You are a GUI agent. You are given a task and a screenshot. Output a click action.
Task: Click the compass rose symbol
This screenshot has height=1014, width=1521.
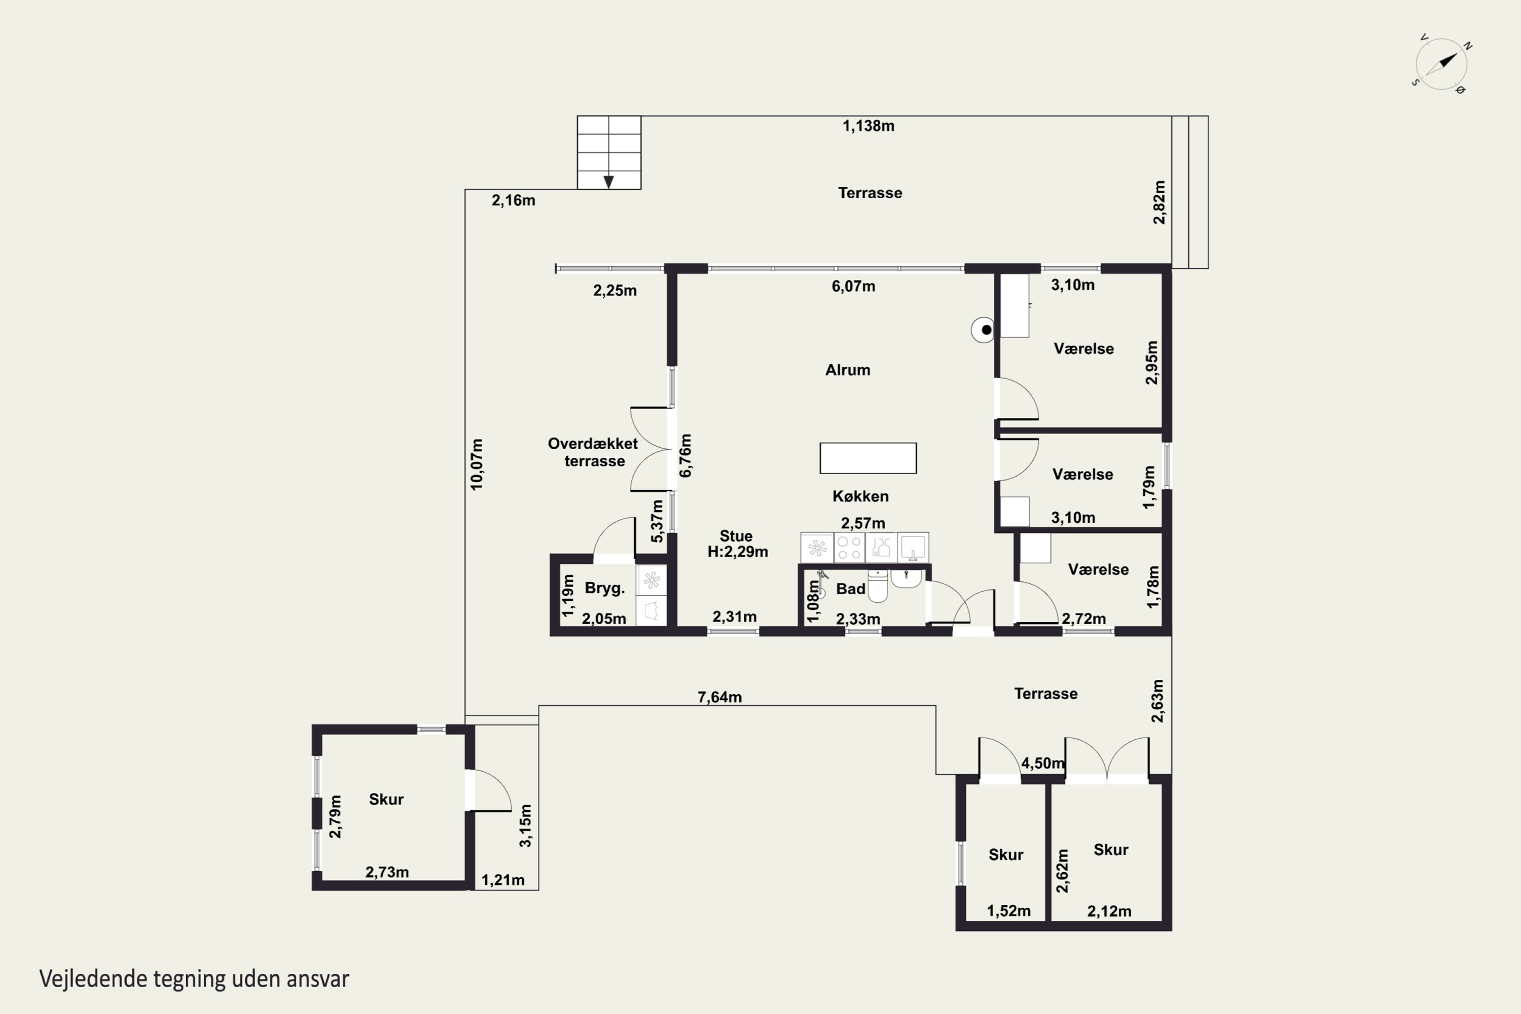(1441, 64)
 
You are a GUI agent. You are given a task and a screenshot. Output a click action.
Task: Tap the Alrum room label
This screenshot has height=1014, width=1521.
(848, 370)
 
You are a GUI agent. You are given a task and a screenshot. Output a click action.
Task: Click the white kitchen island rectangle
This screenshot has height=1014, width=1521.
(868, 458)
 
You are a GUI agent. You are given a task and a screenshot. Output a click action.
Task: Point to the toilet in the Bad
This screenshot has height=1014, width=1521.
(878, 586)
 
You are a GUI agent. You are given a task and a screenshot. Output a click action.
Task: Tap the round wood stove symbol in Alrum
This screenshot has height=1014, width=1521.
(983, 330)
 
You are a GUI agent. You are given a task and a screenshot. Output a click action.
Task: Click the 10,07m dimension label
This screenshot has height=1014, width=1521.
(477, 464)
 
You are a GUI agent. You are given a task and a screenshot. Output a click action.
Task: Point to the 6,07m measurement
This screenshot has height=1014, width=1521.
(854, 286)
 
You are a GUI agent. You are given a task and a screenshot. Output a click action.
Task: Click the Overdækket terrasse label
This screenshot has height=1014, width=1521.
(593, 452)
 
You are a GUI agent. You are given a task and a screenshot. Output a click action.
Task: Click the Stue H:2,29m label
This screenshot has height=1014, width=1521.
(737, 544)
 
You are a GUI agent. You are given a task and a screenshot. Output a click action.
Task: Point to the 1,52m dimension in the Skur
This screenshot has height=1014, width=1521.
(1009, 911)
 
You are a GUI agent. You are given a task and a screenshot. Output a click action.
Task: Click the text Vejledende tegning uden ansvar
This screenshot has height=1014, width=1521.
(194, 979)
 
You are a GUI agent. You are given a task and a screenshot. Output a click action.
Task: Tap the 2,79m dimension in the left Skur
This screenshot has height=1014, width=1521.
(335, 816)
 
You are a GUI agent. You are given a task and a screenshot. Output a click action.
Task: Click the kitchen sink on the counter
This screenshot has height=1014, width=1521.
(913, 548)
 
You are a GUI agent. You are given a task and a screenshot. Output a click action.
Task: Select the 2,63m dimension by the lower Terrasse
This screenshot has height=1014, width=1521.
(1157, 700)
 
